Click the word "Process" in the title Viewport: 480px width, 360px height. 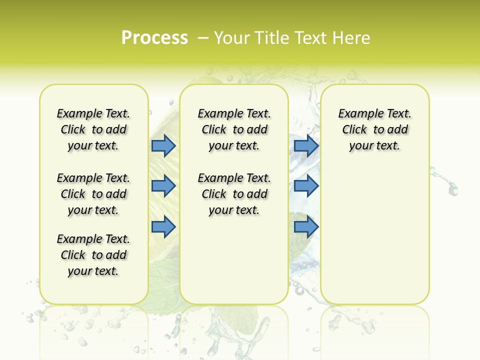click(x=154, y=38)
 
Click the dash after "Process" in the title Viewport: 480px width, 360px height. click(x=203, y=38)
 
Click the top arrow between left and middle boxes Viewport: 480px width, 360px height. click(x=163, y=145)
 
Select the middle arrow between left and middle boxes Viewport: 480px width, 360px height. click(x=163, y=186)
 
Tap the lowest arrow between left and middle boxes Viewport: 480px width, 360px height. click(x=163, y=226)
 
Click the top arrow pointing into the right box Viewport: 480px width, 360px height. click(x=306, y=145)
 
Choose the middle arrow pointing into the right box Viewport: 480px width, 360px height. click(x=306, y=186)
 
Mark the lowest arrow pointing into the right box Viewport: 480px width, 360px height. click(x=306, y=226)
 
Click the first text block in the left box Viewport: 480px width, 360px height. click(x=93, y=129)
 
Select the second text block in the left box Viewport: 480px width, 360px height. click(x=93, y=194)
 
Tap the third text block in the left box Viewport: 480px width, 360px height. click(x=93, y=255)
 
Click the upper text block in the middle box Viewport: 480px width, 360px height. click(x=234, y=129)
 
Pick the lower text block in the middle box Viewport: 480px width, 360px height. click(x=234, y=194)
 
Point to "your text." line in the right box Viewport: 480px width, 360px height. click(x=374, y=145)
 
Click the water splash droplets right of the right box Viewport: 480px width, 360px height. click(x=447, y=182)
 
